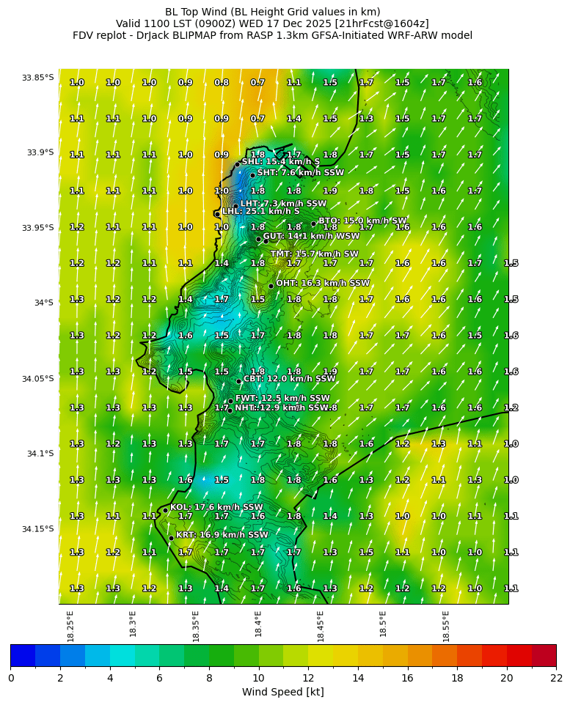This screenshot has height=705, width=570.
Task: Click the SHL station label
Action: click(280, 161)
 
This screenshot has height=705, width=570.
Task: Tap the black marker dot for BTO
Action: click(313, 224)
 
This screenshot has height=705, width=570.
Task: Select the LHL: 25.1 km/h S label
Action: click(260, 211)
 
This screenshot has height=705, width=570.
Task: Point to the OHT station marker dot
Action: click(271, 286)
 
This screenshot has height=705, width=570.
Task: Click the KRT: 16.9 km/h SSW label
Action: click(222, 535)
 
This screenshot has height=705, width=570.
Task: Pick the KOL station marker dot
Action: click(165, 510)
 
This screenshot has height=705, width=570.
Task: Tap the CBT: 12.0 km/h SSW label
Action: click(289, 379)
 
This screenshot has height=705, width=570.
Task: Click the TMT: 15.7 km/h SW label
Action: click(314, 254)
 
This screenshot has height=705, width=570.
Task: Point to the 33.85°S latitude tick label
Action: click(37, 78)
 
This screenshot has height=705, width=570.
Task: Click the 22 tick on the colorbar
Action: click(555, 678)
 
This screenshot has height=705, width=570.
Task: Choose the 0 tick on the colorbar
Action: click(10, 678)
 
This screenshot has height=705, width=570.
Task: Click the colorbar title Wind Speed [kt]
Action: click(282, 692)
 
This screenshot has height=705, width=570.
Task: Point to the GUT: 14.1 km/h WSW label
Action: click(311, 237)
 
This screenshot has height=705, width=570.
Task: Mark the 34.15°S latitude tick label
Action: click(37, 529)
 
